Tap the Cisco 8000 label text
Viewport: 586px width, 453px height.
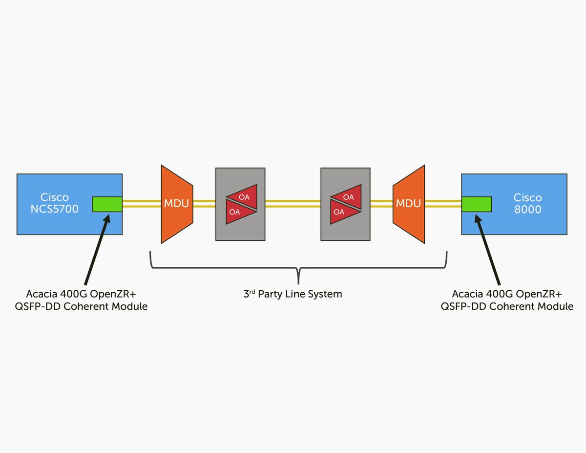527,203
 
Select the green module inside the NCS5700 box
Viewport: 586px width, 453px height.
107,204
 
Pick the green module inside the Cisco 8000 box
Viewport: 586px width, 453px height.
476,204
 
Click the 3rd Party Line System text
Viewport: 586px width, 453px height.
293,294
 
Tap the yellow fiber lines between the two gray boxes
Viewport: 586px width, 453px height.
293,204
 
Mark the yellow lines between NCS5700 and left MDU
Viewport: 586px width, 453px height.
142,204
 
